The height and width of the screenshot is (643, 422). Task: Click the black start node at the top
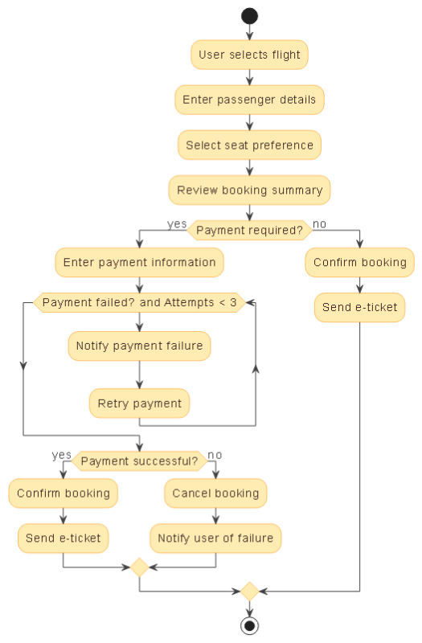tap(249, 16)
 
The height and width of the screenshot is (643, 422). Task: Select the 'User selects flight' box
tap(249, 55)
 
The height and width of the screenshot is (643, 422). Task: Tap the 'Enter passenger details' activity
tap(249, 100)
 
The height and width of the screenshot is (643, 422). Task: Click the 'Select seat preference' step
tap(249, 145)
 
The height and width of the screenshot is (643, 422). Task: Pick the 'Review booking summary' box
tap(249, 190)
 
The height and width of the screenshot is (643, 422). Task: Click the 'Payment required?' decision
tap(249, 231)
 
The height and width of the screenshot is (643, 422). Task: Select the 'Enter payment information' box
tap(139, 262)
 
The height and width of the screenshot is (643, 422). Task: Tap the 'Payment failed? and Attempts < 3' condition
tap(139, 303)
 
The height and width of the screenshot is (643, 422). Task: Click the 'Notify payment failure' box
tap(139, 346)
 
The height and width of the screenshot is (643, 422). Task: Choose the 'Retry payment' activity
tap(139, 403)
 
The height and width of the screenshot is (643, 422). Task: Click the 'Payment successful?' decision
tap(139, 461)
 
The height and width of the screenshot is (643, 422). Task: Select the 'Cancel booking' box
tap(215, 494)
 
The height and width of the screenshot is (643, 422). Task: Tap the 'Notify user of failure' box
tap(215, 539)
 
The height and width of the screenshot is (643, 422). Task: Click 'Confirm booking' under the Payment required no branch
tap(359, 262)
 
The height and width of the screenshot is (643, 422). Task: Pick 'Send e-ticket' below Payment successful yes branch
tap(63, 539)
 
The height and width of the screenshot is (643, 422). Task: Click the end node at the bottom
tap(249, 625)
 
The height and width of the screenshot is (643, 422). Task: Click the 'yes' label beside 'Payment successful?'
tap(62, 455)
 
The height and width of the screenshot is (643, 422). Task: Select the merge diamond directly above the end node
tap(249, 591)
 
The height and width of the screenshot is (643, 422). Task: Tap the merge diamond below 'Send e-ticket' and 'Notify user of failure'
tap(139, 567)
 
